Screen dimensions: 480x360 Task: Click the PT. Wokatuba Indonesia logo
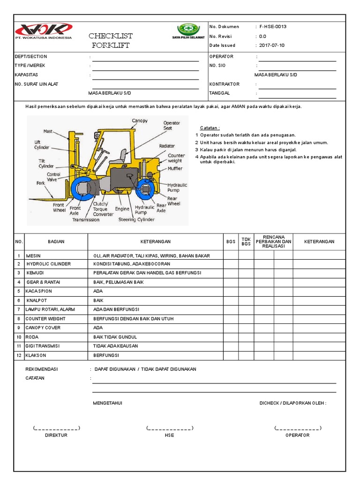point(43,30)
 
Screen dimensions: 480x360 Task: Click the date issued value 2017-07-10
point(272,45)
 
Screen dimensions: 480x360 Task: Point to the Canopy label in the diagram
point(140,121)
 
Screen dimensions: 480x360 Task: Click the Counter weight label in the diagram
point(176,158)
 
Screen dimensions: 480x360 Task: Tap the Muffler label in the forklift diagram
point(175,168)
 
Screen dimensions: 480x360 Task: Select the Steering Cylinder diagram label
point(140,219)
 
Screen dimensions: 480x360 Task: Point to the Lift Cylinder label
point(41,144)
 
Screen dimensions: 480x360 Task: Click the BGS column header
point(231,241)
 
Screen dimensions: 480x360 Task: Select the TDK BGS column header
point(246,241)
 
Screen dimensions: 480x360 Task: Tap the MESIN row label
point(33,256)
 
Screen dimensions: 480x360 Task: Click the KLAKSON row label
point(36,356)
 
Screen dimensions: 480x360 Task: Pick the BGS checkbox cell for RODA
point(231,337)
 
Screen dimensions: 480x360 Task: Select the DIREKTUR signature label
point(56,435)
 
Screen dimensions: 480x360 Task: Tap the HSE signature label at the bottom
point(169,435)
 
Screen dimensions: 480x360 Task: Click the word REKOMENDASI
point(41,369)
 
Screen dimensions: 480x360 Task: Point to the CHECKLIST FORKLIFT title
point(111,41)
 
